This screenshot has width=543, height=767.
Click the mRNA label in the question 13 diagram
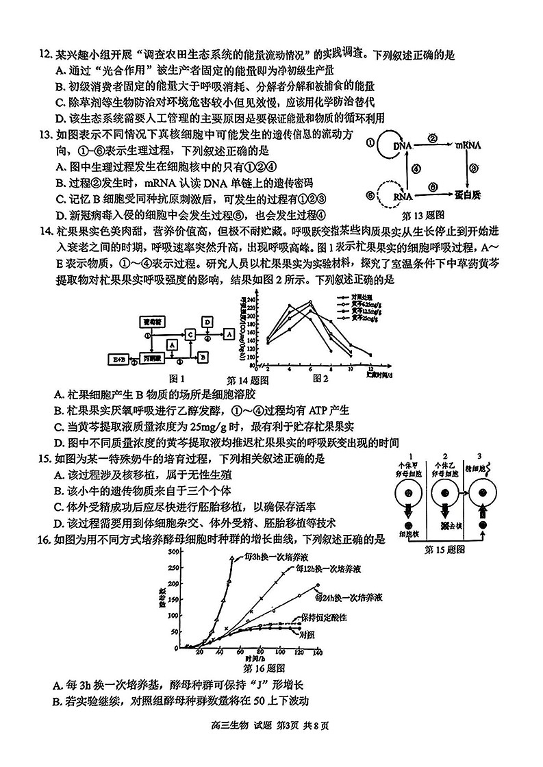[x=469, y=145]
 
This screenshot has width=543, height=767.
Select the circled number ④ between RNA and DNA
[x=416, y=171]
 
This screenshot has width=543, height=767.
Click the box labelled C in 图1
[x=190, y=334]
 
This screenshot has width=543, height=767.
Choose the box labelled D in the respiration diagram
[x=207, y=320]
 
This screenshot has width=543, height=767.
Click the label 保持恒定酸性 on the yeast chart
[x=323, y=617]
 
